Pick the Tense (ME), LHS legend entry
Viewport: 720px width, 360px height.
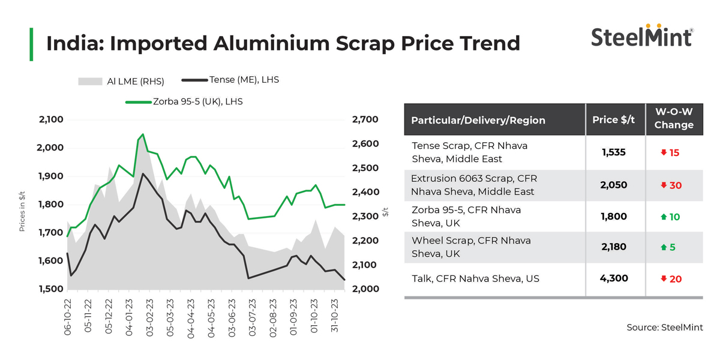pyautogui.click(x=230, y=79)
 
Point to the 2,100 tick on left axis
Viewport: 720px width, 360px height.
pyautogui.click(x=51, y=120)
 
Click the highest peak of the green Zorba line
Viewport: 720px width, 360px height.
pyautogui.click(x=143, y=134)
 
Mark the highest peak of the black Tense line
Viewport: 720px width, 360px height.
pyautogui.click(x=143, y=174)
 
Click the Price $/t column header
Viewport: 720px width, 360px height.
pyautogui.click(x=614, y=119)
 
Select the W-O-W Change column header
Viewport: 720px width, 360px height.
pyautogui.click(x=673, y=119)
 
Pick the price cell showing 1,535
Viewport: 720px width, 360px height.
pyautogui.click(x=614, y=152)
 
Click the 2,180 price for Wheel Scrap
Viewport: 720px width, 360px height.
pyautogui.click(x=614, y=247)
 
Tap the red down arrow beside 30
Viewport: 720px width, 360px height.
pyautogui.click(x=664, y=185)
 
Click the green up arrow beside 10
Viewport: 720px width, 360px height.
pyautogui.click(x=664, y=217)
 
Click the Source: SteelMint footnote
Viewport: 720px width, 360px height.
pyautogui.click(x=664, y=327)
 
